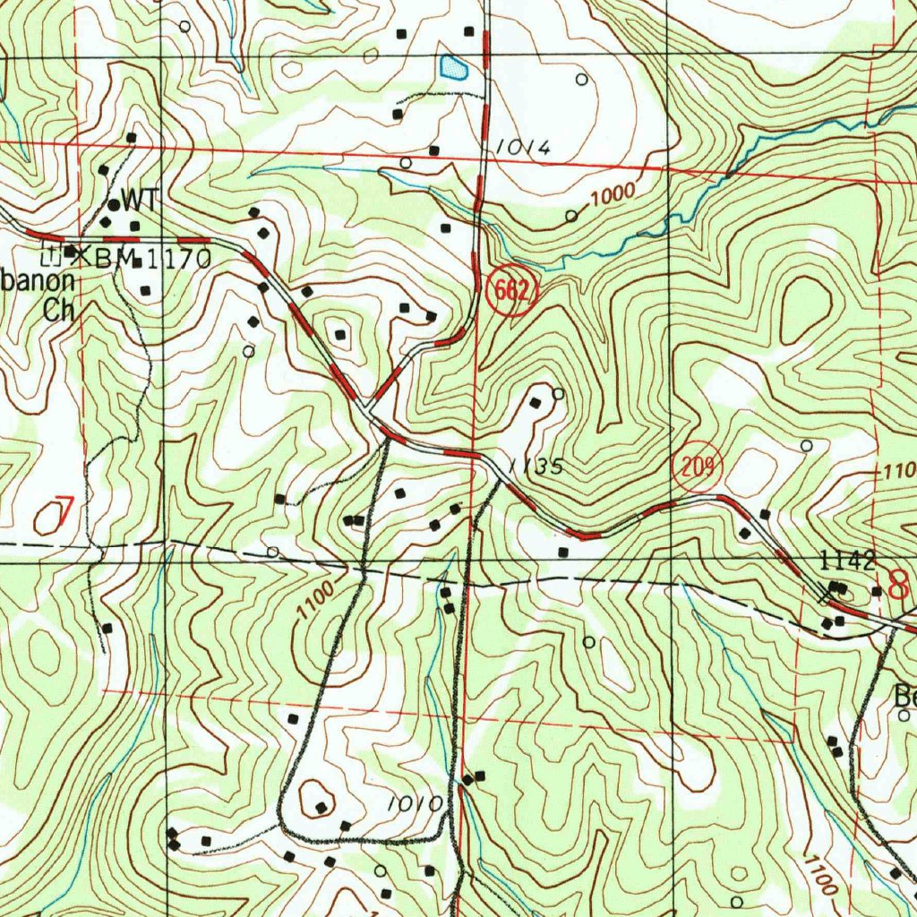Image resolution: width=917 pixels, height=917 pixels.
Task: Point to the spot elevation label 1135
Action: click(535, 467)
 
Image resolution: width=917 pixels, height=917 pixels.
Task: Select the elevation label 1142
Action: click(847, 562)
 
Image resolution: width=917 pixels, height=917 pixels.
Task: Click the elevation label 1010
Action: click(416, 804)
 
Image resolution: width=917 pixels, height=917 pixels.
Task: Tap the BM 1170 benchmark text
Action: click(152, 260)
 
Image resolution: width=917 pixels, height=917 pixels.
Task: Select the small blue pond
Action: click(453, 67)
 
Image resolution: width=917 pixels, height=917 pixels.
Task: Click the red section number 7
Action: click(56, 514)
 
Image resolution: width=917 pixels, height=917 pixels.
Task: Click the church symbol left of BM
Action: click(51, 255)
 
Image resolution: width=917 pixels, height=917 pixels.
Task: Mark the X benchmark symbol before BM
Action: click(83, 256)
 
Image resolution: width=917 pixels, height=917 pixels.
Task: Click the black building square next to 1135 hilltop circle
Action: click(536, 403)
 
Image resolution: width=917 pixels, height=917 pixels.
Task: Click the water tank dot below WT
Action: click(115, 206)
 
